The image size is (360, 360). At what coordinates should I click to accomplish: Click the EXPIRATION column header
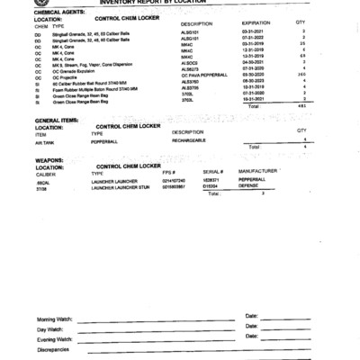pyautogui.click(x=256, y=24)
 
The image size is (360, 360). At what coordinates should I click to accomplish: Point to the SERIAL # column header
pyautogui.click(x=212, y=171)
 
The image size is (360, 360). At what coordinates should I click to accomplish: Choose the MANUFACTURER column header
pyautogui.click(x=258, y=171)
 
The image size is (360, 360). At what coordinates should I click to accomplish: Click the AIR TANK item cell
pyautogui.click(x=45, y=141)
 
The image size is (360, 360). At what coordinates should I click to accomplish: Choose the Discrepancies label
pyautogui.click(x=55, y=350)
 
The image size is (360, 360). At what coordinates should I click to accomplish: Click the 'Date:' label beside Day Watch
pyautogui.click(x=251, y=327)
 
